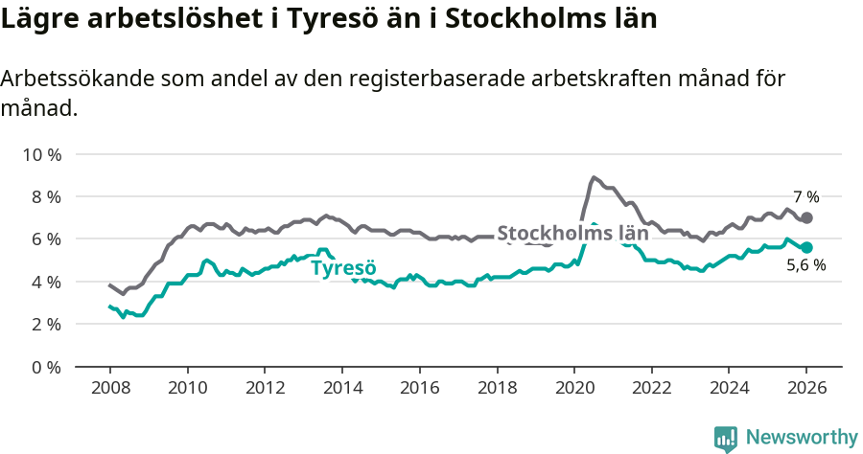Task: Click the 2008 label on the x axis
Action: (x=109, y=388)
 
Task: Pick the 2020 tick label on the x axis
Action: (x=573, y=388)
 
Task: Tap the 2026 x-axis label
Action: (x=806, y=388)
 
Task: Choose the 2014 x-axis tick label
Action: (x=341, y=388)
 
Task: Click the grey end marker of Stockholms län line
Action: (x=806, y=217)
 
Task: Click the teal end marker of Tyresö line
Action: (x=806, y=247)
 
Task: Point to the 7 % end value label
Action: (x=805, y=197)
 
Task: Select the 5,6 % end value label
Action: (x=805, y=266)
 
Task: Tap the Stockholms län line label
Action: (x=572, y=233)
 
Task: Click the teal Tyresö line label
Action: (x=343, y=267)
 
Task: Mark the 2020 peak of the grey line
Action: (x=594, y=177)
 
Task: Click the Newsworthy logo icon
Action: (x=726, y=438)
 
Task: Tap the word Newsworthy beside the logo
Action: (x=801, y=438)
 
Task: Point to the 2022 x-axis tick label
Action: (x=651, y=388)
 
